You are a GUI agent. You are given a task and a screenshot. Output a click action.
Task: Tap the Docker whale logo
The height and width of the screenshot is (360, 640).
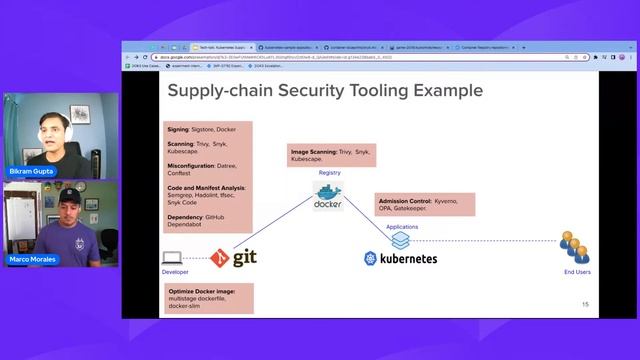pos(328,194)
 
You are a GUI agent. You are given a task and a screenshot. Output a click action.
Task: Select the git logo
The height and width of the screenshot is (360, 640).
pos(236,257)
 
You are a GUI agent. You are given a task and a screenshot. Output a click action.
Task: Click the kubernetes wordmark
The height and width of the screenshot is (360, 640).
pos(400,258)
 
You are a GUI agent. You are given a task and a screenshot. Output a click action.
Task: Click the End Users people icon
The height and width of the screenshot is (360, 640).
pos(574,246)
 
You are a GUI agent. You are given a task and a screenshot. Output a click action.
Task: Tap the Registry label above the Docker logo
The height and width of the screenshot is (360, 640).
pos(330,173)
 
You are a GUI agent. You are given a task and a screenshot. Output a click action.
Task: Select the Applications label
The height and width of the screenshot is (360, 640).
pos(402,227)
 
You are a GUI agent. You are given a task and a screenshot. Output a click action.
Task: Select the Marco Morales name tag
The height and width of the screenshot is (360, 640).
pos(32,260)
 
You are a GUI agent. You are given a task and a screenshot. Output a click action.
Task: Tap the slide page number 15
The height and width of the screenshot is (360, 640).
pos(585,304)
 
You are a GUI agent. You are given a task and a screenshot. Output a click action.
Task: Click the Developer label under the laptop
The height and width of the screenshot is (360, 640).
pos(175,271)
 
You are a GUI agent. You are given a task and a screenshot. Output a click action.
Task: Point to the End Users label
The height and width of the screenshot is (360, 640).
pos(574,271)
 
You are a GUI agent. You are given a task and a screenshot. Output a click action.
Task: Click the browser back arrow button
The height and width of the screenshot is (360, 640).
pos(127,57)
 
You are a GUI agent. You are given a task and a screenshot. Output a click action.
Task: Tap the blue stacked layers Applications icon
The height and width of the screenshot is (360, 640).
pos(400,240)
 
